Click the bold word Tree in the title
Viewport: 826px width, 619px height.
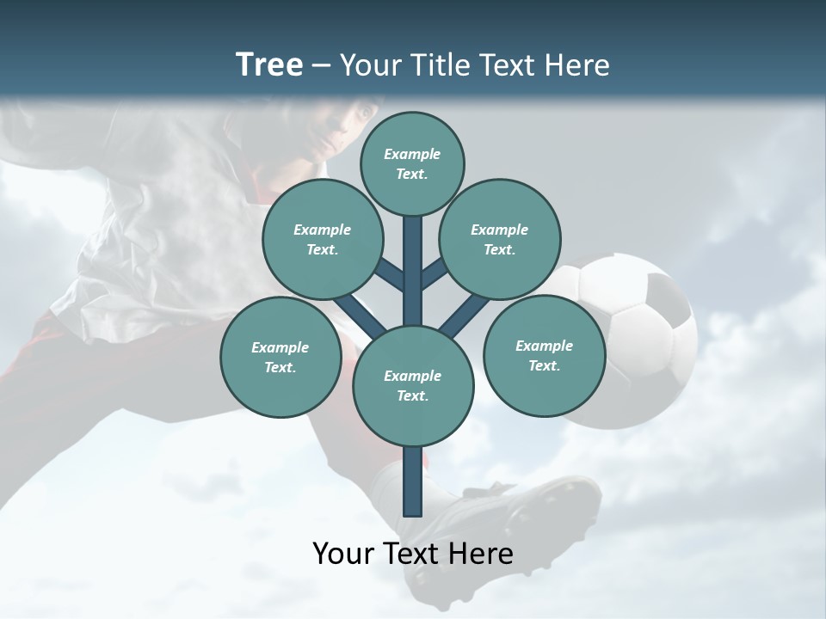pos(269,64)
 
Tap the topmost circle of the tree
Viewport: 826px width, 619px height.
pos(412,163)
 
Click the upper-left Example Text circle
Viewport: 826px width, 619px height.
pos(323,239)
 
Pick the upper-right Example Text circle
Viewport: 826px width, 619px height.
pos(500,239)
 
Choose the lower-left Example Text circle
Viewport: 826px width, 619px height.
pos(280,357)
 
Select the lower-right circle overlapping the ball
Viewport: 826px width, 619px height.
pos(544,354)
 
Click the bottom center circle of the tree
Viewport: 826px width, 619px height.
pos(413,385)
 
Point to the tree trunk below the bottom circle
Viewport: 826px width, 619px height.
pos(413,481)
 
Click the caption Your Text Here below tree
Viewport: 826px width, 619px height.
pos(413,553)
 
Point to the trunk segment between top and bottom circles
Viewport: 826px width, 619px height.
pos(413,267)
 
